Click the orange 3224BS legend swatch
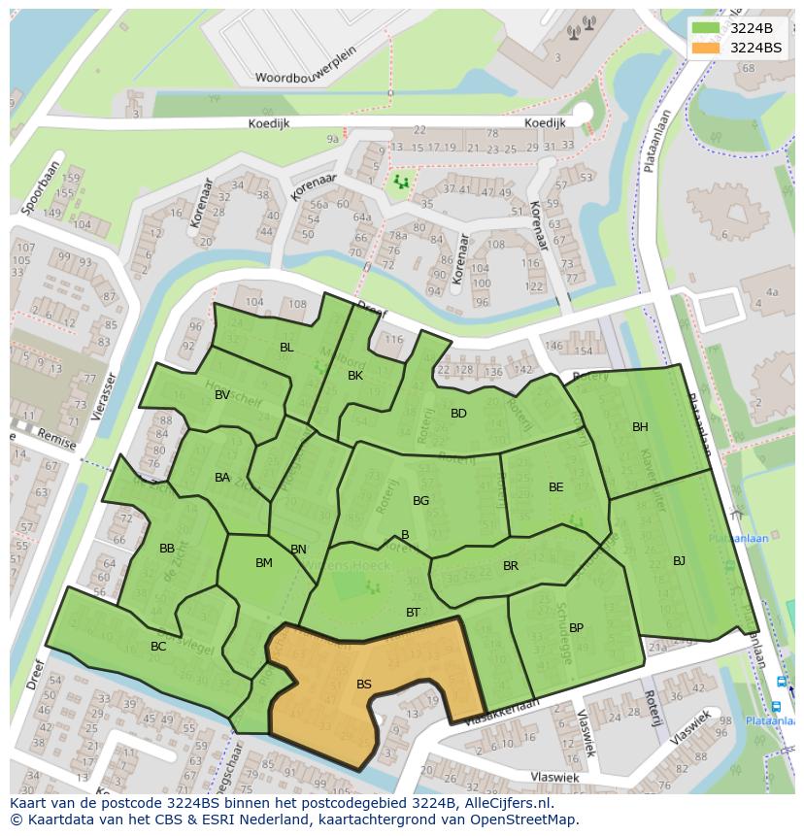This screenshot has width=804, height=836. coord(707,48)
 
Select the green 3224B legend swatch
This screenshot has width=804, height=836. coord(707,28)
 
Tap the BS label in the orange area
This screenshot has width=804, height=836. coord(364,685)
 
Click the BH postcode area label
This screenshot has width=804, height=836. coord(640,427)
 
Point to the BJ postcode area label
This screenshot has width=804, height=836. coord(679,561)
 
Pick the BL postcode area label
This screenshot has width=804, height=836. coord(286,348)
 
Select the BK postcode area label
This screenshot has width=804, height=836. coord(355,376)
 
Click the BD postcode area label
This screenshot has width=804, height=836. coord(458,414)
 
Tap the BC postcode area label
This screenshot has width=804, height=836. coord(158,647)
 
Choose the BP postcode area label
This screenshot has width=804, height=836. coord(576,628)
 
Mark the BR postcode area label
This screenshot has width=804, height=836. coord(511,566)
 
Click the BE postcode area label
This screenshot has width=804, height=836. coord(555,487)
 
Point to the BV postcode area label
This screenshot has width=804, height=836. coord(222,395)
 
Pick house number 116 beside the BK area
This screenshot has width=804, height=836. coord(393,340)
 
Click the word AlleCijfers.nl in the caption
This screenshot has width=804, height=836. coord(504,804)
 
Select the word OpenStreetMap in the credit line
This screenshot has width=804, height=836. coord(529,819)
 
